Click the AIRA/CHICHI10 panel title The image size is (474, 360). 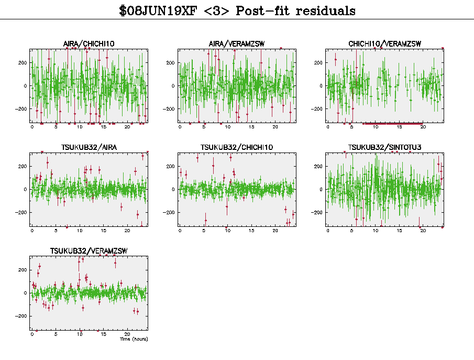tap(89, 43)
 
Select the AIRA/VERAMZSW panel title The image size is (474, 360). tap(237, 43)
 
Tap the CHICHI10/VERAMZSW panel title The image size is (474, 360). tap(384, 43)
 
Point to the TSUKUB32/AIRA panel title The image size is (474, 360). tap(89, 147)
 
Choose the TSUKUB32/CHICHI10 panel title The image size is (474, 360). tap(237, 147)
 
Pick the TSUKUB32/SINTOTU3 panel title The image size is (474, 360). tap(384, 147)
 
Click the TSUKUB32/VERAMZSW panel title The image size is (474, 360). tap(89, 250)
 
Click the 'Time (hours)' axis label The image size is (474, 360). tap(134, 339)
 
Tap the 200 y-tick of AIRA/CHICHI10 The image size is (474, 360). tap(23, 63)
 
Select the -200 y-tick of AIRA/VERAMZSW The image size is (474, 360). tap(170, 109)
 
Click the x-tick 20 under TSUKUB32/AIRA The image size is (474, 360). tap(127, 231)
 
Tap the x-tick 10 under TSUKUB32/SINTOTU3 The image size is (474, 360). tap(376, 231)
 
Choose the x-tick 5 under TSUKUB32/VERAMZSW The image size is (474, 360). tap(56, 334)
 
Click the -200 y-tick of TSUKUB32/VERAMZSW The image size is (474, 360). tap(22, 316)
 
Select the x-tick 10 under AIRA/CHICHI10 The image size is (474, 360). tap(80, 127)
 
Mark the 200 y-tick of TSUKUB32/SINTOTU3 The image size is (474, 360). tap(318, 166)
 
